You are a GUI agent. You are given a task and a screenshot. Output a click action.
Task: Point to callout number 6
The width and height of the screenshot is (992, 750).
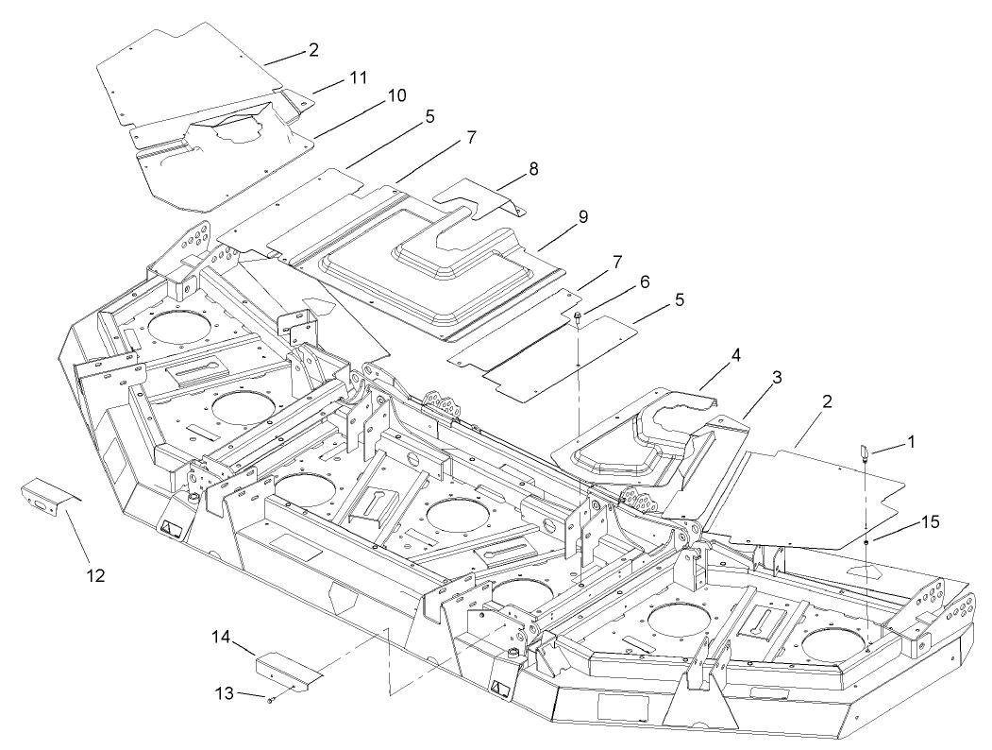pos(645,281)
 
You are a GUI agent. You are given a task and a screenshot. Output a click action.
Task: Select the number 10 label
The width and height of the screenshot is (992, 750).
pos(396,95)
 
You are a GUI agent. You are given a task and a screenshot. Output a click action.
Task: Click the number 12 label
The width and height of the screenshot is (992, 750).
pos(98,573)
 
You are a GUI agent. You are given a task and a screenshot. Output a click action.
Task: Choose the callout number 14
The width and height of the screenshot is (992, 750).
pos(221,638)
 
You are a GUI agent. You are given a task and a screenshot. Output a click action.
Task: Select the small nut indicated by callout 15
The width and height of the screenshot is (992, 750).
pos(866,542)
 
